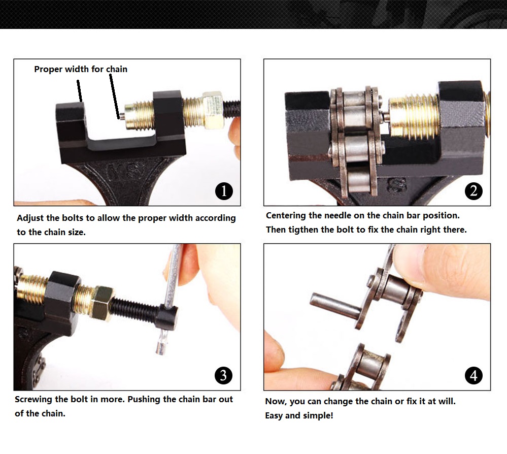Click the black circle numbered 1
pyautogui.click(x=224, y=191)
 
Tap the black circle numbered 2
pyautogui.click(x=474, y=191)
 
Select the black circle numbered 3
pyautogui.click(x=223, y=375)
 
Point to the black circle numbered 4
pyautogui.click(x=474, y=376)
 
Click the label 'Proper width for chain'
pyautogui.click(x=81, y=69)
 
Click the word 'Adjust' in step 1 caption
pyautogui.click(x=30, y=218)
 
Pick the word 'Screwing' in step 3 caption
pyautogui.click(x=33, y=400)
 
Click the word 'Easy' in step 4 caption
pyautogui.click(x=274, y=415)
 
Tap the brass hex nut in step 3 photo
pyautogui.click(x=101, y=302)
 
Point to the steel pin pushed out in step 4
pyautogui.click(x=335, y=305)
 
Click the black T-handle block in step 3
pyautogui.click(x=168, y=316)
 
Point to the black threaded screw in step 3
pyautogui.click(x=135, y=308)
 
